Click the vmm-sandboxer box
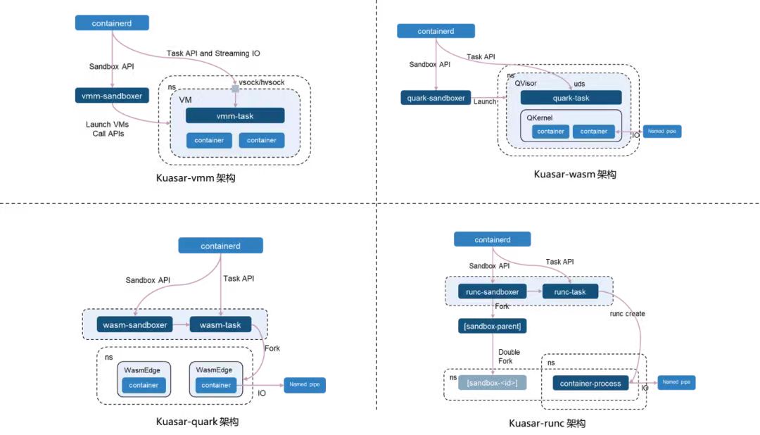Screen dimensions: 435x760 pos(112,95)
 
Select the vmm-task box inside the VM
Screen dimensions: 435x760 pos(235,115)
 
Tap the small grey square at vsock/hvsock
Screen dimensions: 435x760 pos(234,89)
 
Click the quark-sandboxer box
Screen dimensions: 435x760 pos(436,98)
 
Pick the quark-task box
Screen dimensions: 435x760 pos(571,98)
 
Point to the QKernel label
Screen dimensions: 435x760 pos(540,118)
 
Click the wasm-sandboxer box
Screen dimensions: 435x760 pos(135,324)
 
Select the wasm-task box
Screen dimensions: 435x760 pos(220,324)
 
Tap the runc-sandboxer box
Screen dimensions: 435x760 pos(493,291)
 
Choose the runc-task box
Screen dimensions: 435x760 pos(569,291)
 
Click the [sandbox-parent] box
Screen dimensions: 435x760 pos(493,327)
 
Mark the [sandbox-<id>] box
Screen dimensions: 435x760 pos(492,383)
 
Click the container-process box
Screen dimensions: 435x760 pos(591,383)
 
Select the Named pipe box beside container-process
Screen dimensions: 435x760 pos(676,383)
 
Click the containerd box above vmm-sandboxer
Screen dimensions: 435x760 pos(112,23)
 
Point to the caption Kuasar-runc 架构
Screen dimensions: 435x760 pos(547,423)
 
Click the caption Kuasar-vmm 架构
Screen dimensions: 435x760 pos(196,178)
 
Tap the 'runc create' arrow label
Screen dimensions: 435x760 pos(626,313)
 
